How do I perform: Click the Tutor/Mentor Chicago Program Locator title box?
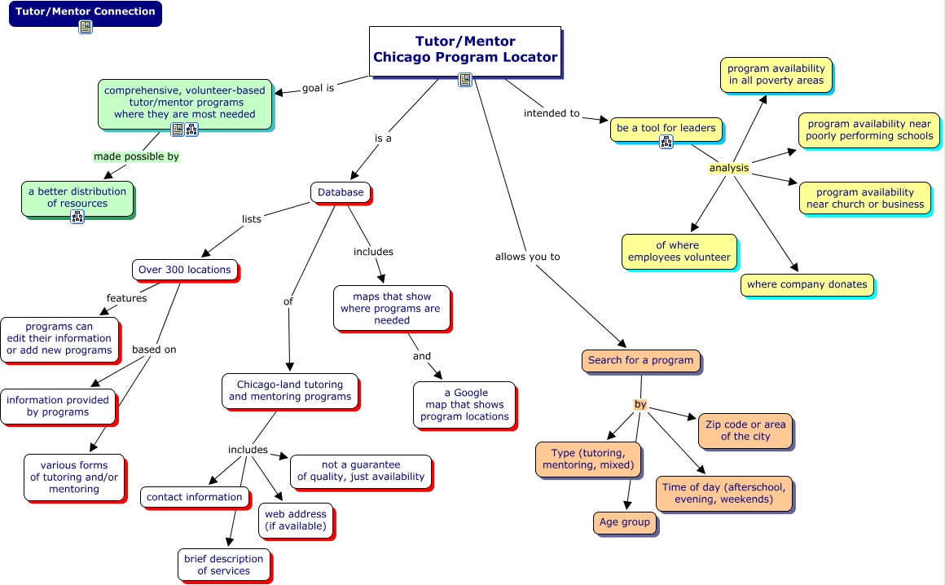click(x=465, y=51)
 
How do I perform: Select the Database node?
click(x=341, y=192)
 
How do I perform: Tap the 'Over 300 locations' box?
click(x=184, y=270)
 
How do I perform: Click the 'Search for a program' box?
click(x=640, y=360)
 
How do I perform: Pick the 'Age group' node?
click(x=624, y=522)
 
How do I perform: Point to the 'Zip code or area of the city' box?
click(x=745, y=430)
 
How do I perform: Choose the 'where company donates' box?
click(x=807, y=284)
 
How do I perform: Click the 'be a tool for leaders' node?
click(x=666, y=128)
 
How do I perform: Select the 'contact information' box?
click(x=194, y=497)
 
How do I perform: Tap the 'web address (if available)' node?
click(x=295, y=520)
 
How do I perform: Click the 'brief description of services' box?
click(x=223, y=565)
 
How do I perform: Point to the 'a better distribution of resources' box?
click(x=77, y=198)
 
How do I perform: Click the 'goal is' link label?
click(x=318, y=88)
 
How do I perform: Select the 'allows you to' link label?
click(x=527, y=257)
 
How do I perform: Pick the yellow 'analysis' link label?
click(x=728, y=169)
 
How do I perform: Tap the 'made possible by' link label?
click(x=136, y=156)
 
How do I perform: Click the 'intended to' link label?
click(x=552, y=113)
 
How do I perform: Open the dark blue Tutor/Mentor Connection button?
click(x=85, y=12)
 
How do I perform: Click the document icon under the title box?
click(x=465, y=79)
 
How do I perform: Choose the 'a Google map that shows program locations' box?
click(x=464, y=404)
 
